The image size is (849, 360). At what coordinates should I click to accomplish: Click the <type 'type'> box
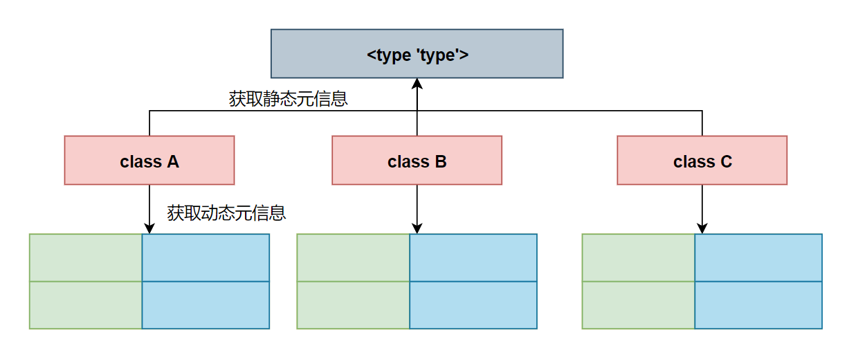click(417, 53)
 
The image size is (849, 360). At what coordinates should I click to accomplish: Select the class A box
click(149, 160)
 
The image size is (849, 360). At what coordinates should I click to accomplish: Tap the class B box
click(417, 160)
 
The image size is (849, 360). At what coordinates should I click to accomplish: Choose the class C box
click(702, 160)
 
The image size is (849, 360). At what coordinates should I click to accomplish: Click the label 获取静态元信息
click(288, 99)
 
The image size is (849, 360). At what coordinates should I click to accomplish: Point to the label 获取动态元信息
click(226, 213)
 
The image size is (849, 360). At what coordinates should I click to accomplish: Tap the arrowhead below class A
click(149, 228)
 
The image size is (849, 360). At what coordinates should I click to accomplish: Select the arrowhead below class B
click(417, 228)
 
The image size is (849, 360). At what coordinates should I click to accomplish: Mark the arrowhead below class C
click(702, 228)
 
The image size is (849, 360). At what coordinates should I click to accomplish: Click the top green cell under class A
click(86, 258)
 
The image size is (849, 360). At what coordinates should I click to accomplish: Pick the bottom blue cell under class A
click(206, 305)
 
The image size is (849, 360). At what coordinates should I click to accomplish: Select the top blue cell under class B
click(473, 258)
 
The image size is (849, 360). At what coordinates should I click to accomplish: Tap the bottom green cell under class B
click(354, 305)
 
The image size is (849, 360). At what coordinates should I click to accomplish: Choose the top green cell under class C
click(639, 258)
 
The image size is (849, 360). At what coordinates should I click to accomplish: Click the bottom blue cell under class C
click(758, 305)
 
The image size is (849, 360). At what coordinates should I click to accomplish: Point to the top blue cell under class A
click(206, 258)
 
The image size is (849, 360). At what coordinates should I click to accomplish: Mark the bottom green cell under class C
click(639, 305)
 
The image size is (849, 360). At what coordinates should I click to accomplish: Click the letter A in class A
click(173, 162)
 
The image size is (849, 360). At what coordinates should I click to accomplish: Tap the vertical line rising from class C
click(702, 123)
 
